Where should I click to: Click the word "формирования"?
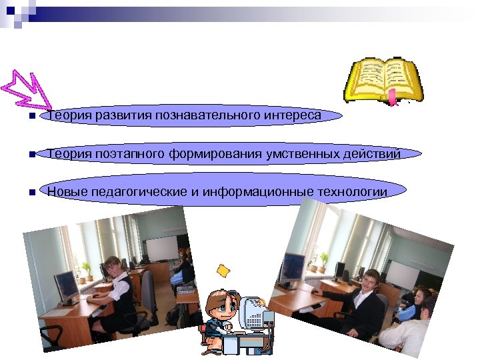[x=213, y=154]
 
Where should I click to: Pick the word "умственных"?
[x=298, y=154]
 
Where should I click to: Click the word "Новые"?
[x=65, y=192]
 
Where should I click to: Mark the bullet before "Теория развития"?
[x=23, y=117]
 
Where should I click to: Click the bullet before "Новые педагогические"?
[x=23, y=193]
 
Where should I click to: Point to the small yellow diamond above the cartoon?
[x=223, y=270]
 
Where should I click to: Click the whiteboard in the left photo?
[x=161, y=248]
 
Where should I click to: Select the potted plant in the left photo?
[x=86, y=271]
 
